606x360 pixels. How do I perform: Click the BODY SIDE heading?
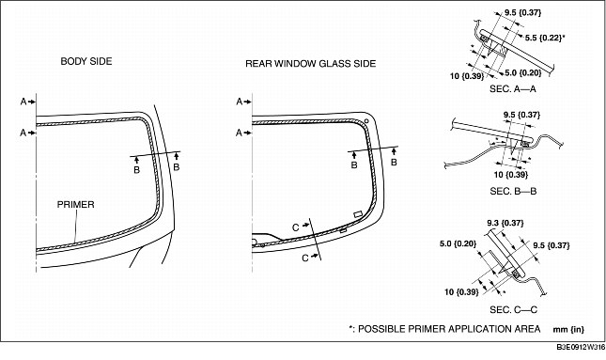[86, 61]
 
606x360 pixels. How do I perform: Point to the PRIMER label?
[76, 203]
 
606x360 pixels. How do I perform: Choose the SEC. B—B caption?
[513, 190]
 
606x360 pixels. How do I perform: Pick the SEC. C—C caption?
[513, 309]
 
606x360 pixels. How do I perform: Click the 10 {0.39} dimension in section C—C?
[459, 291]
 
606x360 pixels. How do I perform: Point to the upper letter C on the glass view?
[295, 227]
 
